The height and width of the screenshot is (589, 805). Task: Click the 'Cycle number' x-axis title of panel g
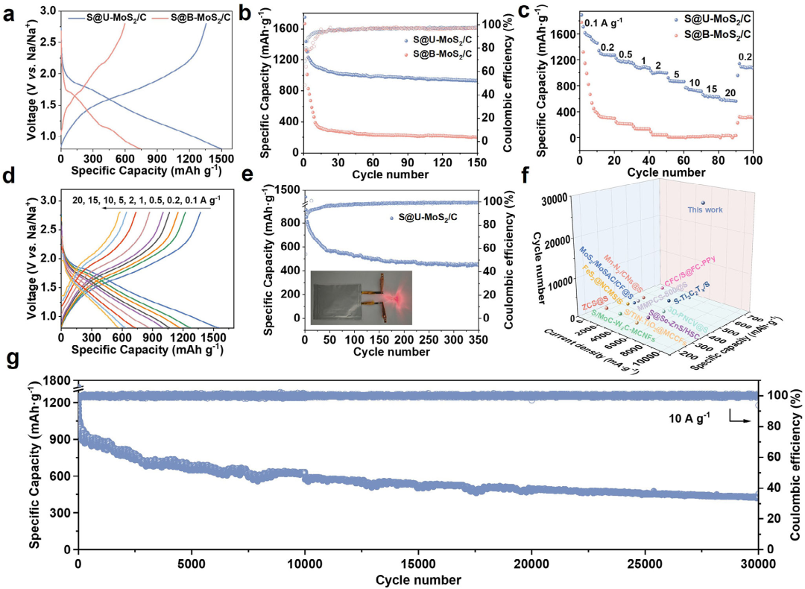click(417, 579)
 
